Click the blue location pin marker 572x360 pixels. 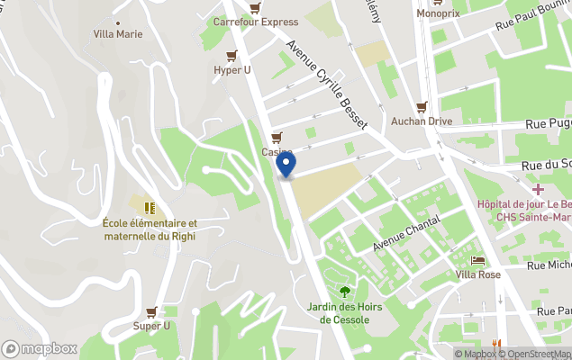coord(286,165)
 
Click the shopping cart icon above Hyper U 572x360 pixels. coord(232,56)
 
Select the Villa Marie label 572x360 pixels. coord(118,34)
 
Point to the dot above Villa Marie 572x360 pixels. coord(118,22)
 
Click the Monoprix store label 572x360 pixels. coord(437,13)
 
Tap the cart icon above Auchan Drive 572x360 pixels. coord(421,106)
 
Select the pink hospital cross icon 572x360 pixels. coord(538,189)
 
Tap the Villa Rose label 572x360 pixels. coord(477,274)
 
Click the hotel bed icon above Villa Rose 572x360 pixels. coord(477,260)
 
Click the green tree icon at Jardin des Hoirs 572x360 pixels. coord(345,291)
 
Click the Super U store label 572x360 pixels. coord(151,325)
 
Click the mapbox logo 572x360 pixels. coord(40,348)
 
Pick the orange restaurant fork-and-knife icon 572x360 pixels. coord(495,343)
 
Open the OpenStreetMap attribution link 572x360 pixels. coord(537,354)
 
